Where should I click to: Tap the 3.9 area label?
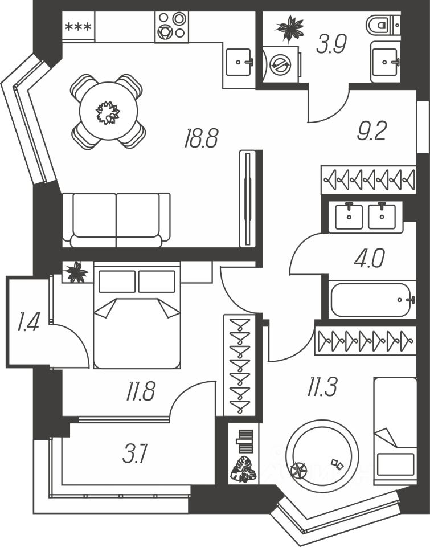[331, 44]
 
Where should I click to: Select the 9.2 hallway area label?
[372, 131]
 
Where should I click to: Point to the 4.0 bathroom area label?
[369, 258]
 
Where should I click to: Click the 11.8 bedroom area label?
[140, 391]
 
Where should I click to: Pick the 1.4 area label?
[28, 321]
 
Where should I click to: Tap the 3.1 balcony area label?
[136, 454]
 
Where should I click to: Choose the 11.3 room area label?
[322, 387]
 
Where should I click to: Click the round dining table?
[108, 111]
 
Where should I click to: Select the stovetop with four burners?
[171, 27]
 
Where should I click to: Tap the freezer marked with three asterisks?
[79, 27]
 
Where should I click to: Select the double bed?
[137, 315]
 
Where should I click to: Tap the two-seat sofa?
[117, 220]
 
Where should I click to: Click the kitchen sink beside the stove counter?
[239, 63]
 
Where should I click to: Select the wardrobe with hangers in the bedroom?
[240, 365]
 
